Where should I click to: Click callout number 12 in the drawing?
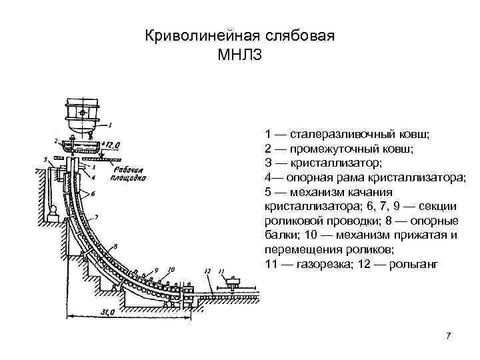coord(208,271)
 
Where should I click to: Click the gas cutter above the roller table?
coord(231,285)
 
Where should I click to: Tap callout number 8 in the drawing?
coord(137,273)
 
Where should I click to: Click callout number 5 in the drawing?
coord(45,160)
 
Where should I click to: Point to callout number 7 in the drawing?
coord(97,217)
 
